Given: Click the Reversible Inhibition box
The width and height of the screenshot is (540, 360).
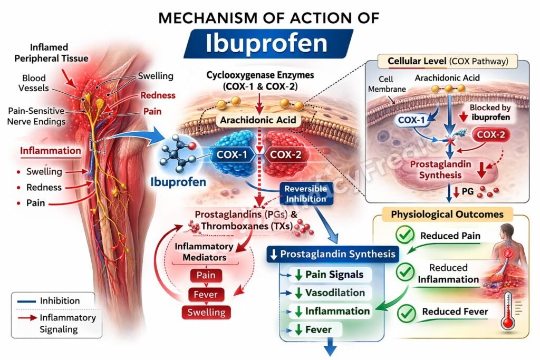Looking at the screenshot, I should click(x=306, y=194).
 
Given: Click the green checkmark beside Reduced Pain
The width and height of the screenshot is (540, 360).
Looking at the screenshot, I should click(x=405, y=236).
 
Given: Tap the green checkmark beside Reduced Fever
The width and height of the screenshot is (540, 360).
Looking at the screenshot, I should click(x=405, y=312).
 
